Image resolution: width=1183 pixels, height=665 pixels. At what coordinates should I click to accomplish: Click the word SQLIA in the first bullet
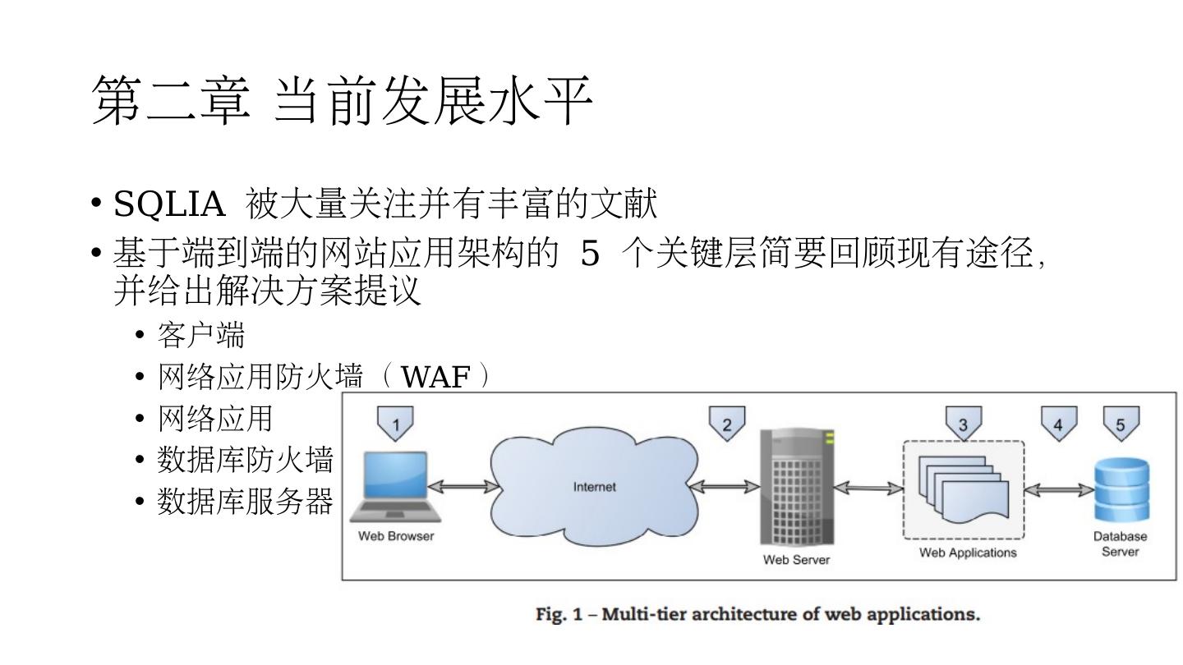[169, 204]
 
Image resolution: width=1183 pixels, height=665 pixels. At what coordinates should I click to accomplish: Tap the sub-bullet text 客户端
[201, 335]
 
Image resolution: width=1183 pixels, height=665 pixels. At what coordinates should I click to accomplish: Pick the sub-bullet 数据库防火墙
[245, 461]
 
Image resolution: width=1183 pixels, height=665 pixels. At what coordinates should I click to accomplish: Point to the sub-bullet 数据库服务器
[245, 501]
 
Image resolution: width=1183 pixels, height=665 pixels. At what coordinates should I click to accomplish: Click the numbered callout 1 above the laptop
[395, 424]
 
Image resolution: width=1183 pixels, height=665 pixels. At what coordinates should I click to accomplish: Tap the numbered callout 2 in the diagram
[726, 424]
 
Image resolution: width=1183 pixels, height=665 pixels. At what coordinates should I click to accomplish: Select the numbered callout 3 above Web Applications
[963, 424]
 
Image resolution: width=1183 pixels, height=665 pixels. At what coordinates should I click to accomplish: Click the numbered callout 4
[1058, 424]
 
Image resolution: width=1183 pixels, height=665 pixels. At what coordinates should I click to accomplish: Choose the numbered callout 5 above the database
[1120, 424]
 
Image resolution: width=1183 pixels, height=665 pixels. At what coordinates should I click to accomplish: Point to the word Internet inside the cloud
[594, 487]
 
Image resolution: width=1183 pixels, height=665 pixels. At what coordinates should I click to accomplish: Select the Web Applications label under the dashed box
[967, 553]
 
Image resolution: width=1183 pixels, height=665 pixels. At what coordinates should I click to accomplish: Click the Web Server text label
[796, 560]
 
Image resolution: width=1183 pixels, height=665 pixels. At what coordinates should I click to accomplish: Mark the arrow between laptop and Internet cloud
[463, 487]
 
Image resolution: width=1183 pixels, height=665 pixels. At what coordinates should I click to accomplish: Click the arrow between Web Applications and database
[1060, 489]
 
